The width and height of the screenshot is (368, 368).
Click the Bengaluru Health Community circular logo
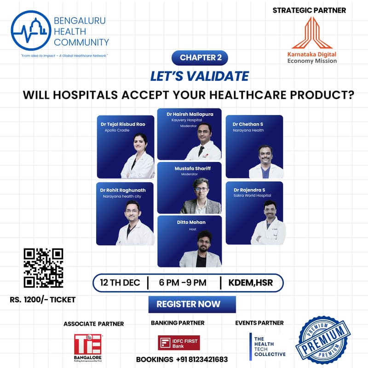30,31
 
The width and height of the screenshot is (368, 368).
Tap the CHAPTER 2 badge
199,58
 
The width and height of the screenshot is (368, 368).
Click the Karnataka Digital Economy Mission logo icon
311,33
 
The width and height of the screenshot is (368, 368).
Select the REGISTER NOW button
192,304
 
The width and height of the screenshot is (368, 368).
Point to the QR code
43,268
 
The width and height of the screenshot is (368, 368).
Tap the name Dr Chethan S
248,124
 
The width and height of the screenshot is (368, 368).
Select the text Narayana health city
122,196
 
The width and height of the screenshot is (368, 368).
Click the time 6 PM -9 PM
183,282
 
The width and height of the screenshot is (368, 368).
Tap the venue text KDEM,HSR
251,282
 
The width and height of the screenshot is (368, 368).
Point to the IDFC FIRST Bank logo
178,343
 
